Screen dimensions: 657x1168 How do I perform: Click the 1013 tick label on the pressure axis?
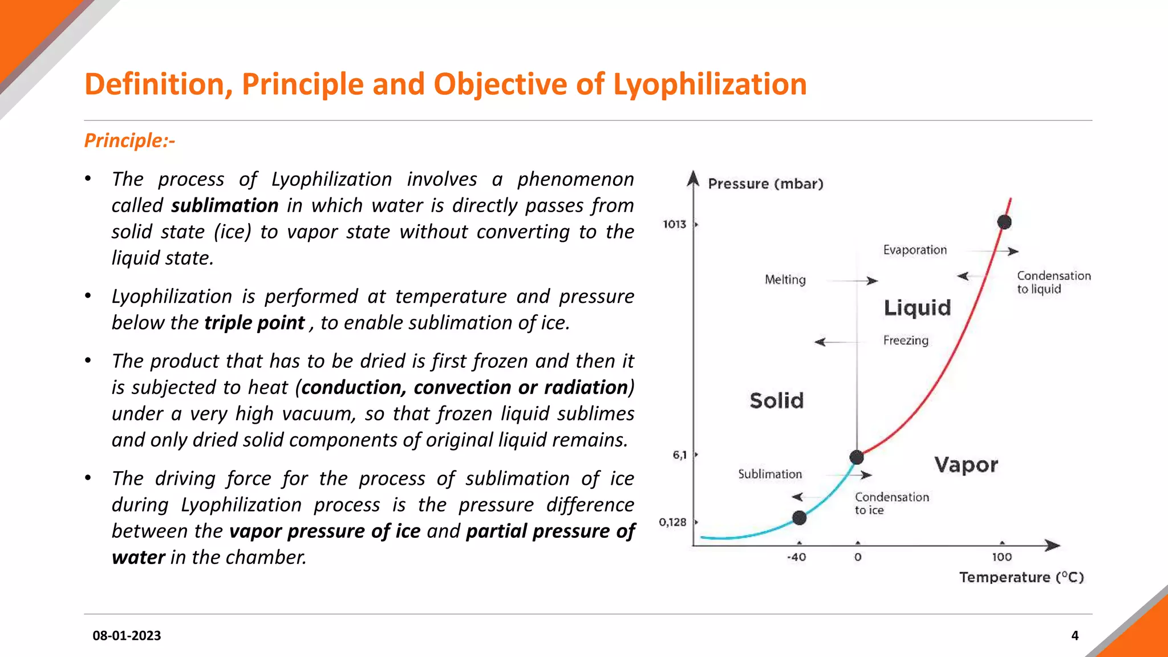tap(674, 224)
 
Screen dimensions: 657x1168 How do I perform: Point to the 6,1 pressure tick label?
tap(679, 455)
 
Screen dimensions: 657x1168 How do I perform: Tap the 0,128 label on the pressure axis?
tap(672, 522)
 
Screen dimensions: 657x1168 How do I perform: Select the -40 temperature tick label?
tap(796, 557)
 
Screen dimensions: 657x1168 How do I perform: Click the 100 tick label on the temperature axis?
tap(1001, 557)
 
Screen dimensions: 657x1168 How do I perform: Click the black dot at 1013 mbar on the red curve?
tap(1004, 222)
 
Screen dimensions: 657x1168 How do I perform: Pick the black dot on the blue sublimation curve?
tap(800, 518)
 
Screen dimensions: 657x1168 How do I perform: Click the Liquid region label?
tap(917, 308)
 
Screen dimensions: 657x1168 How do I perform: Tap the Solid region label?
tap(776, 400)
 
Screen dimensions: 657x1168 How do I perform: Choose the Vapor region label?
tap(966, 465)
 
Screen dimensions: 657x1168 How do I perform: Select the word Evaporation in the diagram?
tap(915, 250)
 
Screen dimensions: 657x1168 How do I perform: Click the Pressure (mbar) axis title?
tap(765, 184)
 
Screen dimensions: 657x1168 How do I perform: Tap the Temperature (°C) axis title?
tap(1021, 577)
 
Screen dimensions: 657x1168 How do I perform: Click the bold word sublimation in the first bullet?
tap(225, 205)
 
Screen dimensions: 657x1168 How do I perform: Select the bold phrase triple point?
tap(254, 323)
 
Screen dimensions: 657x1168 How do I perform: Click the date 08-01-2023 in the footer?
tap(127, 635)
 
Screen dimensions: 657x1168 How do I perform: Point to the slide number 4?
tap(1075, 635)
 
